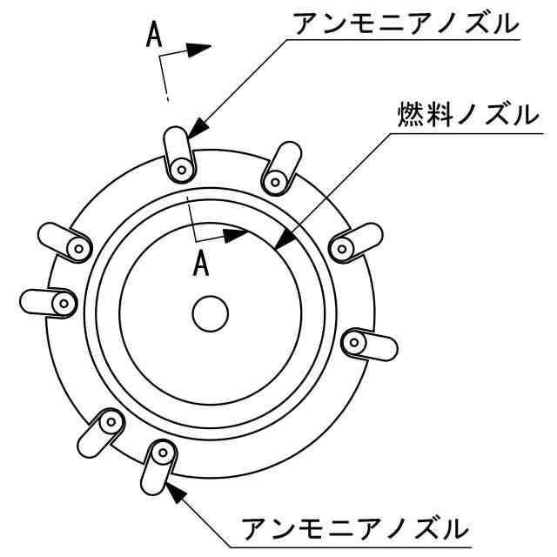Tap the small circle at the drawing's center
(x=210, y=314)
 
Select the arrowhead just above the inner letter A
(x=236, y=234)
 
